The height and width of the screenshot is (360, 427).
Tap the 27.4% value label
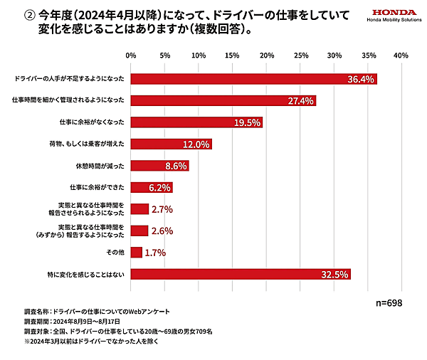(x=300, y=101)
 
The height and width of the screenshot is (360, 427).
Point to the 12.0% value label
(x=196, y=144)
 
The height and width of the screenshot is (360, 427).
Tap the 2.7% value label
(x=162, y=209)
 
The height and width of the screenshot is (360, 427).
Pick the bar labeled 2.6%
(x=139, y=231)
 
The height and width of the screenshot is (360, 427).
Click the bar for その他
(x=136, y=253)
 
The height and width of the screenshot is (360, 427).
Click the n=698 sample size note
(x=390, y=302)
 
